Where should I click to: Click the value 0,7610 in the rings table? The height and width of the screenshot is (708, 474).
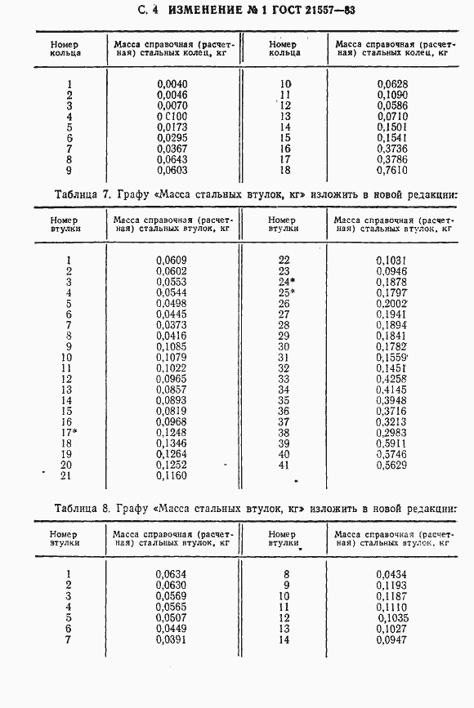point(392,171)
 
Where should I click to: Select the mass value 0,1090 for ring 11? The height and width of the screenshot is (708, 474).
point(392,95)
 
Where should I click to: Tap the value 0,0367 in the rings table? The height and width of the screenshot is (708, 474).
point(172,149)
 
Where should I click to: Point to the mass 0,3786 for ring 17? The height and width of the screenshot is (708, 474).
point(392,160)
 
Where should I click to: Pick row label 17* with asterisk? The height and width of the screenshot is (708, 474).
point(68,431)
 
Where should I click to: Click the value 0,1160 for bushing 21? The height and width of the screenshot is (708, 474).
point(172,475)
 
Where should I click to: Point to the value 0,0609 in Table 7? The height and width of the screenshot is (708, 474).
point(172,260)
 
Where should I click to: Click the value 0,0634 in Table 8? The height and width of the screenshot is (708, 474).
point(172,574)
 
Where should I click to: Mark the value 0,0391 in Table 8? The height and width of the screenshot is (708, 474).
point(172,639)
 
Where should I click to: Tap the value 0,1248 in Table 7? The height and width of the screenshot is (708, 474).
point(172,432)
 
